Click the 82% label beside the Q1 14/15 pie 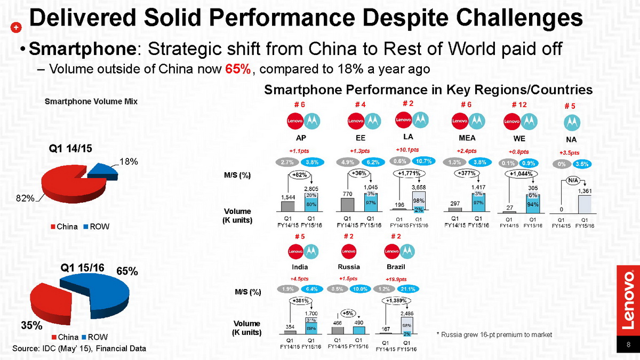coord(25,198)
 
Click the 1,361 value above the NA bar coord(585,190)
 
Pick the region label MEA coord(467,138)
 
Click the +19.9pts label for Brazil coord(396,279)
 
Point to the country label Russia coord(349,267)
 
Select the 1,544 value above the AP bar coord(289,197)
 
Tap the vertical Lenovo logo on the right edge coord(629,299)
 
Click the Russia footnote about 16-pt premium coord(494,334)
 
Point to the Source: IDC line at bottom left coord(79,348)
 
